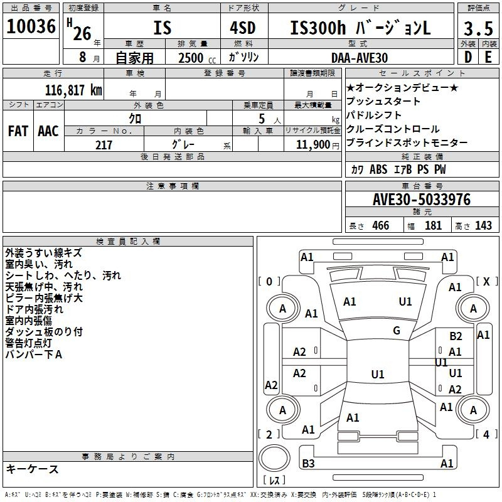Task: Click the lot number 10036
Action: [31, 26]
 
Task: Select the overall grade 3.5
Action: [478, 28]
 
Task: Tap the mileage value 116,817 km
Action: [73, 90]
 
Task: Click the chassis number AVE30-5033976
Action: [422, 200]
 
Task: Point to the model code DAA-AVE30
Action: [360, 58]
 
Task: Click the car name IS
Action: [163, 28]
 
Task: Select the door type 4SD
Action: [243, 28]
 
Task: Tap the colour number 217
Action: [104, 145]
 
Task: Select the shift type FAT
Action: [18, 131]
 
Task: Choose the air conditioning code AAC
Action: [48, 131]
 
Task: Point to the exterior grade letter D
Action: [468, 57]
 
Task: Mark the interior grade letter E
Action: [488, 57]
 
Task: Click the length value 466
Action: [381, 226]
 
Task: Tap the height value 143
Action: [483, 226]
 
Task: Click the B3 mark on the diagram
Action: [308, 463]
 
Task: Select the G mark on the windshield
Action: [397, 331]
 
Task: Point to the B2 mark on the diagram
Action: [456, 336]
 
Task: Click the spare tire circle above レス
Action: [274, 458]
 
